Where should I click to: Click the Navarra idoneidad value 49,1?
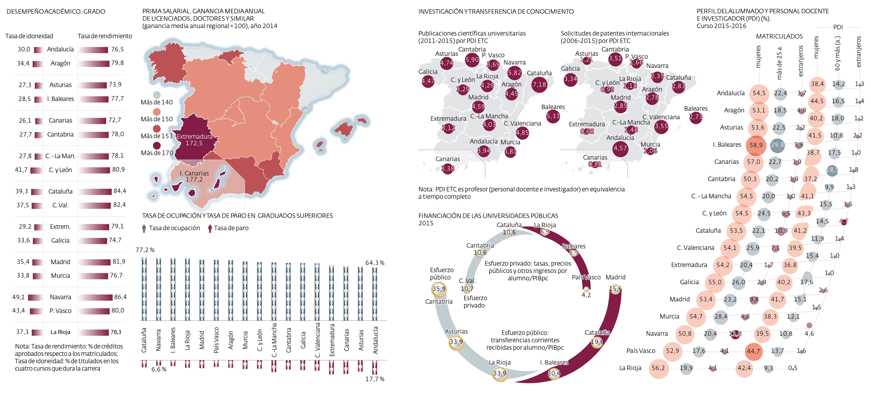tap(19, 297)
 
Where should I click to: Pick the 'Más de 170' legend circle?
tap(156, 146)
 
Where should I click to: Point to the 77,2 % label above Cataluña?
tap(145, 250)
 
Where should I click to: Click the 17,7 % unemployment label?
tap(375, 379)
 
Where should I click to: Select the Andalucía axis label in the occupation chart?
tap(375, 340)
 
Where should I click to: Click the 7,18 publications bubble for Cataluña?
tap(539, 85)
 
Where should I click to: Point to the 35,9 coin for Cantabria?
tap(439, 289)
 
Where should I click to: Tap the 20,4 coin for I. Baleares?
tap(554, 373)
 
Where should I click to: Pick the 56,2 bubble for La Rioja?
tap(658, 368)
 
